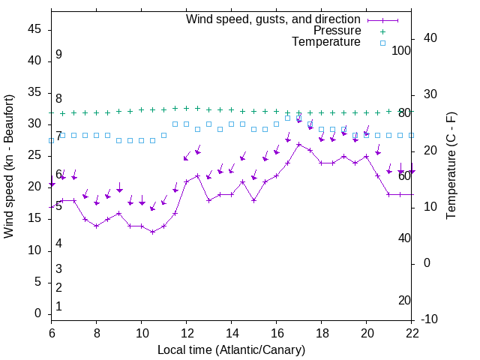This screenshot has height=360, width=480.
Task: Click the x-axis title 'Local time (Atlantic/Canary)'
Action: [x=231, y=349]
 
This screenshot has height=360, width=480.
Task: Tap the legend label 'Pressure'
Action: [x=337, y=31]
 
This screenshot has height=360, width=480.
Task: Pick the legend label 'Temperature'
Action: [x=326, y=42]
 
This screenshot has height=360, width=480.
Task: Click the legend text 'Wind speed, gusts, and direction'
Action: [x=273, y=19]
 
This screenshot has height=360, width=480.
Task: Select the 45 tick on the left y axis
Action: [x=34, y=29]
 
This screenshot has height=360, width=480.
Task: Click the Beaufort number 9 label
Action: [x=58, y=55]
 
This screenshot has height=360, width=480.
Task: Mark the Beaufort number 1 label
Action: [x=58, y=307]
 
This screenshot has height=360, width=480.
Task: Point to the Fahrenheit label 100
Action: [x=402, y=50]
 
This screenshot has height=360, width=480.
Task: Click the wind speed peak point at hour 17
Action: [x=299, y=144]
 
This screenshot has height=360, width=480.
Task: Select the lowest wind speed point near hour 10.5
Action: [x=153, y=232]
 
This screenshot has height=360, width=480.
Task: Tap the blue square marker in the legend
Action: [x=382, y=43]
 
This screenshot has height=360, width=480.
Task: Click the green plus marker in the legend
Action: [x=382, y=31]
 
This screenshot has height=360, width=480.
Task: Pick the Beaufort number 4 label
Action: [x=58, y=244]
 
